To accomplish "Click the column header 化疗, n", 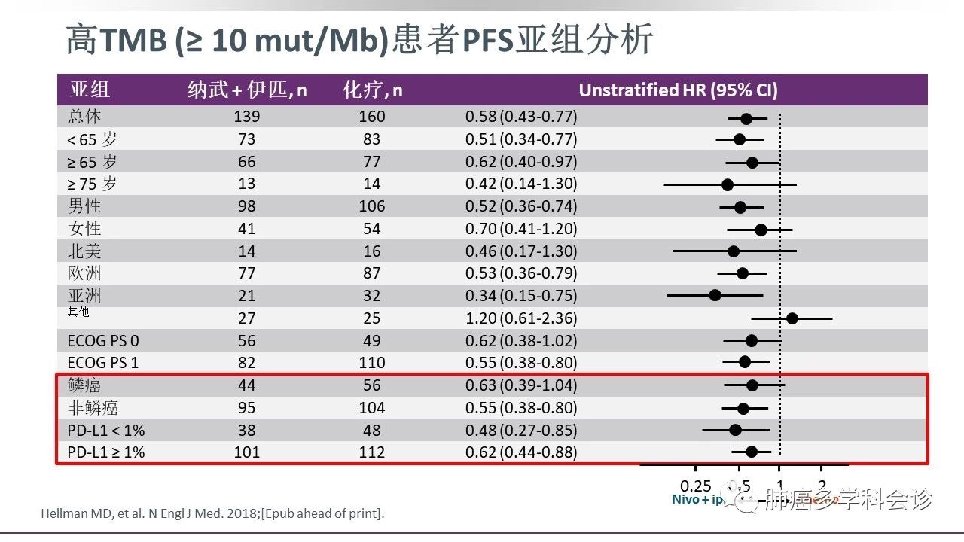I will click(x=373, y=90).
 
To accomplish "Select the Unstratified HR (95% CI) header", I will click(x=678, y=90).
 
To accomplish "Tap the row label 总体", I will click(x=84, y=117).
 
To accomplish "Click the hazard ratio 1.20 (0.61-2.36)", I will click(x=521, y=318).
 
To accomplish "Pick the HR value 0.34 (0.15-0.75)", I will click(x=521, y=295).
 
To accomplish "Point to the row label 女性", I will click(x=84, y=228).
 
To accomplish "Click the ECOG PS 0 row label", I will click(x=103, y=340).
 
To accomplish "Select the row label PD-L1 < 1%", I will click(x=106, y=431).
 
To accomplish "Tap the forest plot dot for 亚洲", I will click(x=715, y=295).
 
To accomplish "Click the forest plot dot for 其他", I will click(x=792, y=318).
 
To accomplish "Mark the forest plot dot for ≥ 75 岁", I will click(x=727, y=184).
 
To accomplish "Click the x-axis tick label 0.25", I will click(x=695, y=486).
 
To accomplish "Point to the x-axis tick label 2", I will click(x=822, y=486).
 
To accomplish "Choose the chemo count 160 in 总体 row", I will click(x=372, y=117).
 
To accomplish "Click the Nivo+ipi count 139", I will click(x=246, y=117).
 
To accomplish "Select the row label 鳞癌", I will click(x=84, y=385).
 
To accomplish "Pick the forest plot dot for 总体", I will click(x=746, y=118).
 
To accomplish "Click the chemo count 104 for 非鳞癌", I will click(x=372, y=408).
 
